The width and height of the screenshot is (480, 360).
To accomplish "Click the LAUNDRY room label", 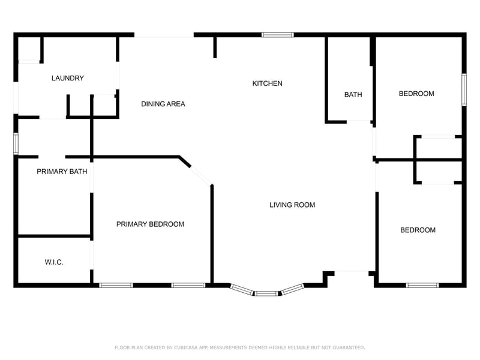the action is [68, 78].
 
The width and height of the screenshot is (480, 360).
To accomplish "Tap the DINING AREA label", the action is [163, 104].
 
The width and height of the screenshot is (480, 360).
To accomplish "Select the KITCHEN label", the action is [267, 83].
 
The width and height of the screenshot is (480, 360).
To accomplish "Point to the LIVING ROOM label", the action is [292, 205].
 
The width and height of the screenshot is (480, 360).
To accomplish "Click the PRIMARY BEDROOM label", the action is [151, 224].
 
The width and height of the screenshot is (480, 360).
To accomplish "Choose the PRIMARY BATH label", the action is [62, 172].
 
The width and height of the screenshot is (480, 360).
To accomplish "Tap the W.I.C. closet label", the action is [54, 262].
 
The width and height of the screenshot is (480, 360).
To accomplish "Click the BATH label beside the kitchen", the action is [353, 95].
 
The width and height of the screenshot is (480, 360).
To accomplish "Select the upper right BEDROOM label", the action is [416, 94].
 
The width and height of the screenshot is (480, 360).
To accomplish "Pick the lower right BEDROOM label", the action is [418, 230].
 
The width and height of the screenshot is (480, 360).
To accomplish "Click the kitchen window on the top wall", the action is [278, 35].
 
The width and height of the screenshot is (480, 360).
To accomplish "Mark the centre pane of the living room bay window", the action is [266, 293].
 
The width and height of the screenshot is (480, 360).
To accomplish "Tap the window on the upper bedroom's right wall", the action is [464, 89].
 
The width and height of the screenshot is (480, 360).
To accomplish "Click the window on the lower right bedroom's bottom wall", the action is [422, 286].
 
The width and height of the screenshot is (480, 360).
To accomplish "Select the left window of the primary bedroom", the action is [116, 286].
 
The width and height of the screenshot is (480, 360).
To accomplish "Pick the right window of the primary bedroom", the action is [188, 286].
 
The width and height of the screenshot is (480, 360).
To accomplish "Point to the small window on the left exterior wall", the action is [16, 143].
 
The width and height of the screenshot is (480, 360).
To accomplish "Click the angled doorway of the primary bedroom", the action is [201, 176].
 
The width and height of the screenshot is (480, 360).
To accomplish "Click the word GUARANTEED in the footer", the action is [349, 347].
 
